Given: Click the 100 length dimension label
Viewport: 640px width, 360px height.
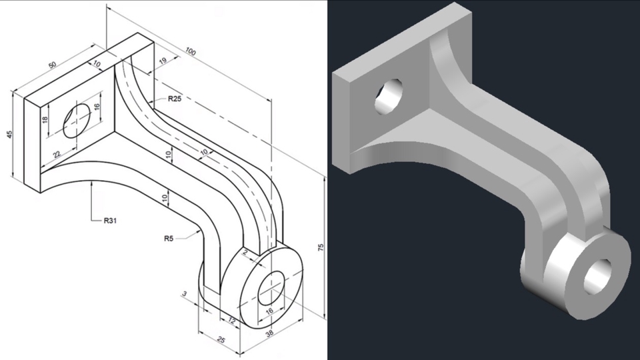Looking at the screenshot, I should click(x=191, y=51).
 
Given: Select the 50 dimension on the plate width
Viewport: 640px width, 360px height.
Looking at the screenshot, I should click(x=52, y=67).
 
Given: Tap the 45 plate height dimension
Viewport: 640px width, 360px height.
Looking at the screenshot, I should click(x=9, y=134).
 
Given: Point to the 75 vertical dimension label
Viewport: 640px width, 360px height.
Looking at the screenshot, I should click(x=321, y=248).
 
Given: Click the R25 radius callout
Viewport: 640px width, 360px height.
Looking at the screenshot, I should click(x=175, y=99).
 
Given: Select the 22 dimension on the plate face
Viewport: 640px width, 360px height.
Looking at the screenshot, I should click(x=57, y=155).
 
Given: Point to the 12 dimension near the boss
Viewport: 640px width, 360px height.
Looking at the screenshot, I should click(x=232, y=322).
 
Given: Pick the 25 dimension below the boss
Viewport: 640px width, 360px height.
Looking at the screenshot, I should click(x=221, y=341).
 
